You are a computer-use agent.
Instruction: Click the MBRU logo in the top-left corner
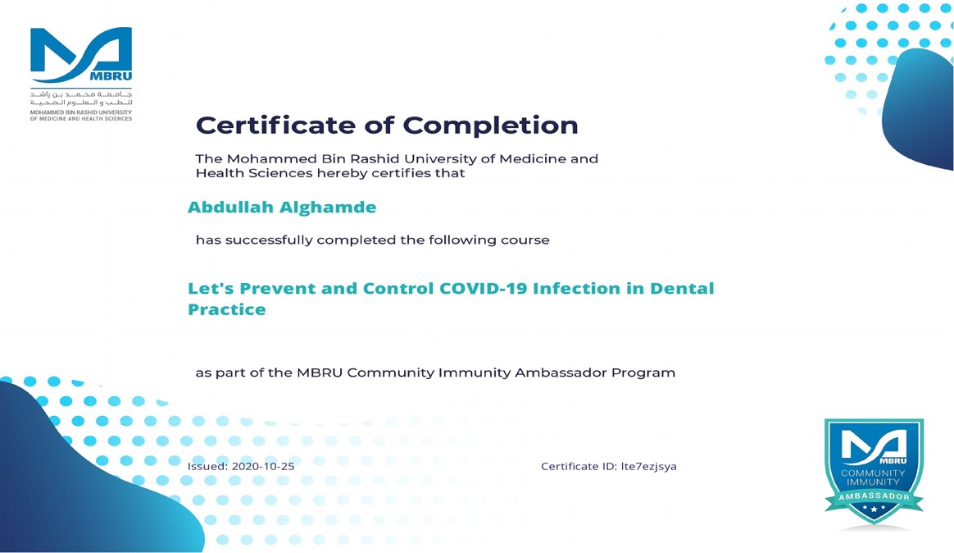pyautogui.click(x=81, y=74)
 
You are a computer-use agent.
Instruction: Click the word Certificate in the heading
pyautogui.click(x=275, y=125)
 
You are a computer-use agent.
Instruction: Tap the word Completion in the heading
pyautogui.click(x=490, y=126)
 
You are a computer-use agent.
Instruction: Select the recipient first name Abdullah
pyautogui.click(x=230, y=207)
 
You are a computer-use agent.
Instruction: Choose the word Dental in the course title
pyautogui.click(x=682, y=288)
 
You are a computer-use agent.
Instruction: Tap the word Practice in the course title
pyautogui.click(x=227, y=309)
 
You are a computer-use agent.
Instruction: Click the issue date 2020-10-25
pyautogui.click(x=263, y=467)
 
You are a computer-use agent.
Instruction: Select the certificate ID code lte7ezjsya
pyautogui.click(x=648, y=467)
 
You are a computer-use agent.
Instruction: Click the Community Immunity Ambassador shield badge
pyautogui.click(x=874, y=471)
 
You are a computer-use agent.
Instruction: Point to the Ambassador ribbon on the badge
pyautogui.click(x=874, y=497)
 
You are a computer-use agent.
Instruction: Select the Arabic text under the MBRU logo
pyautogui.click(x=81, y=98)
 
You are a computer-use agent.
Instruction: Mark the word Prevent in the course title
pyautogui.click(x=277, y=288)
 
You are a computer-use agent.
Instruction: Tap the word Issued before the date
pyautogui.click(x=207, y=467)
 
